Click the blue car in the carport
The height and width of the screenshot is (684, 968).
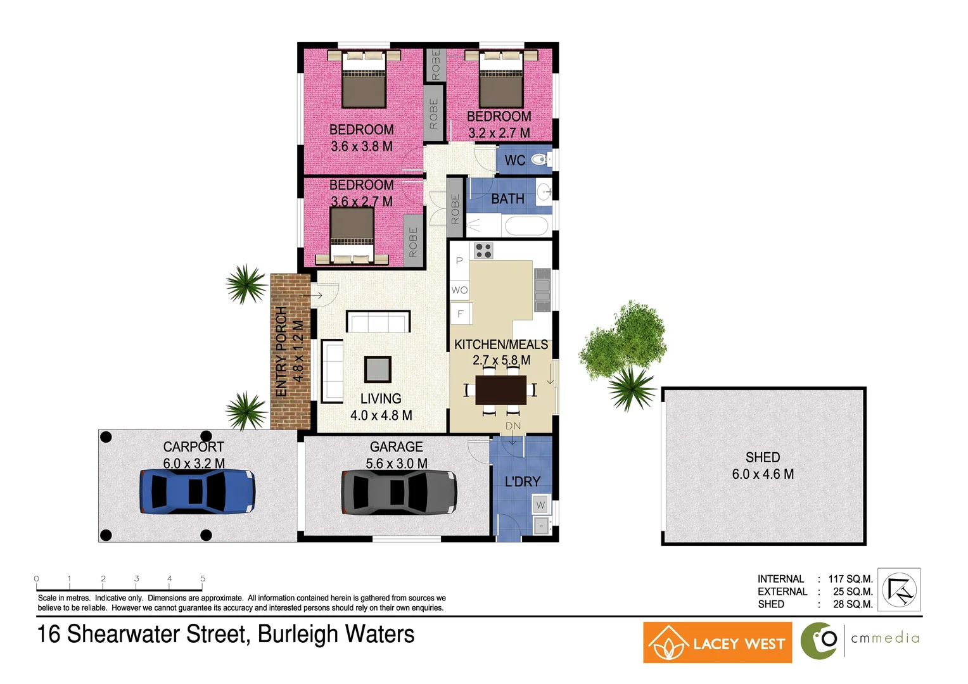pyautogui.click(x=197, y=491)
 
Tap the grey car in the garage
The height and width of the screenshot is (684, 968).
pyautogui.click(x=399, y=492)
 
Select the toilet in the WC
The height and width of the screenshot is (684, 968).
pyautogui.click(x=539, y=160)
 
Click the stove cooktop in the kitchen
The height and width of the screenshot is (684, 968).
pyautogui.click(x=484, y=251)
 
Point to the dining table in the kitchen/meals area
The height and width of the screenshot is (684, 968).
pyautogui.click(x=500, y=389)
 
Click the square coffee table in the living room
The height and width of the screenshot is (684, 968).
pyautogui.click(x=378, y=369)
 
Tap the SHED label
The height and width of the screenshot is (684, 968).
pyautogui.click(x=763, y=457)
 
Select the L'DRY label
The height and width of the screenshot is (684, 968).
pyautogui.click(x=522, y=482)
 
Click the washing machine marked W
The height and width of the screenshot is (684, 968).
pyautogui.click(x=540, y=505)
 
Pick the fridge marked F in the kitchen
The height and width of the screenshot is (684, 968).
pyautogui.click(x=461, y=313)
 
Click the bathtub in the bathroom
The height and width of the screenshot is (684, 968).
pyautogui.click(x=525, y=226)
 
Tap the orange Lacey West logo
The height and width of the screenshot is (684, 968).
pyautogui.click(x=717, y=643)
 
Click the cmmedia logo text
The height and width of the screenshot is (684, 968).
pyautogui.click(x=885, y=638)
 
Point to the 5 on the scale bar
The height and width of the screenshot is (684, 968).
pyautogui.click(x=203, y=578)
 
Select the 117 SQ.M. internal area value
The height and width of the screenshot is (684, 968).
pyautogui.click(x=850, y=579)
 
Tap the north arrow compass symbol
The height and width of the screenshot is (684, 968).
pyautogui.click(x=900, y=590)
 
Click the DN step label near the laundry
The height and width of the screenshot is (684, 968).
pyautogui.click(x=513, y=426)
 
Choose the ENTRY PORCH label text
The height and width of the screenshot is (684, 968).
pyautogui.click(x=282, y=351)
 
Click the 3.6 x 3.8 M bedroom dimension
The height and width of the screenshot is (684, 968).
pyautogui.click(x=362, y=146)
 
